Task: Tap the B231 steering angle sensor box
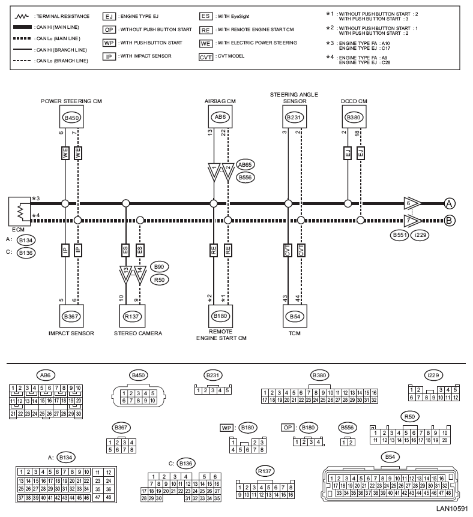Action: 294,118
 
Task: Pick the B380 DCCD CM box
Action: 353,118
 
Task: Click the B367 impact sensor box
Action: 71,314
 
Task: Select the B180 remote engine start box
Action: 219,314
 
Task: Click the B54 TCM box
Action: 294,314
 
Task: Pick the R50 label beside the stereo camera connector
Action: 160,279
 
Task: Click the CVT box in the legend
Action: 206,57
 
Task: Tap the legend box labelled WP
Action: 109,43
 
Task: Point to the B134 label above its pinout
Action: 65,457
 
